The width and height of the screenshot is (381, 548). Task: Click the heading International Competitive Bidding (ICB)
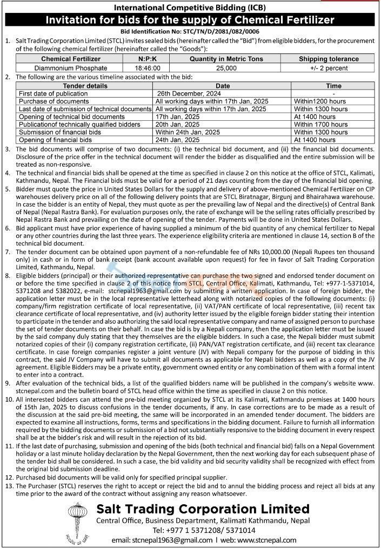tap(190, 7)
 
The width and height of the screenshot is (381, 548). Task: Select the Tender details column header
tap(85, 86)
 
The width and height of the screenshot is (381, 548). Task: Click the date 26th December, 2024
tap(186, 93)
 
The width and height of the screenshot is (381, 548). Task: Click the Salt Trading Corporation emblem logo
tap(77, 522)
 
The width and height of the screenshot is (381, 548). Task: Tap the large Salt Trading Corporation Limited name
tap(203, 509)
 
